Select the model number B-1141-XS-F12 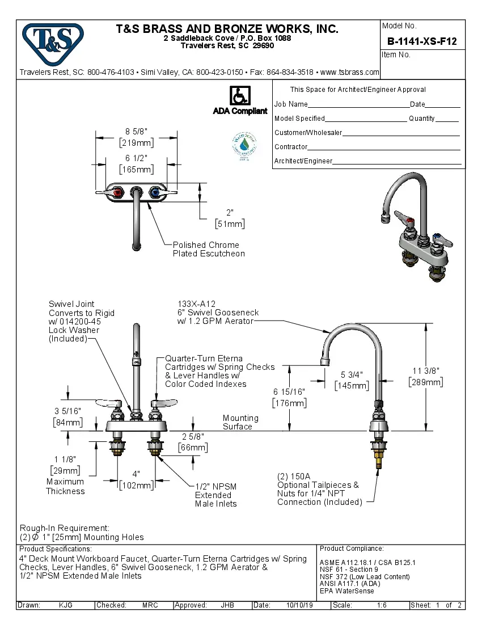click(421, 41)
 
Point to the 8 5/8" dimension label click(136, 132)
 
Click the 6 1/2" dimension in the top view click(136, 158)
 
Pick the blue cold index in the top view click(153, 193)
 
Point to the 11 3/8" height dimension click(425, 371)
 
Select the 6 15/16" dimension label click(290, 392)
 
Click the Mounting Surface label click(240, 422)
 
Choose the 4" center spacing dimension click(136, 474)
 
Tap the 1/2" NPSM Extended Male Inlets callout click(215, 495)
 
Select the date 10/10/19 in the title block click(301, 605)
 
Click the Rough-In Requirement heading click(65, 528)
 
